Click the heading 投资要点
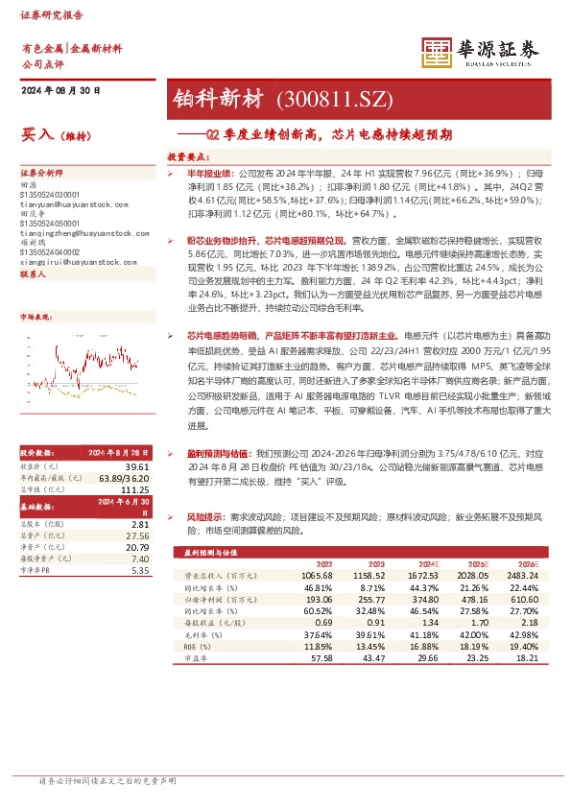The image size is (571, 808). (188, 154)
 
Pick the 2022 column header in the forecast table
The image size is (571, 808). (324, 563)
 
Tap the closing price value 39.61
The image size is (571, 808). (137, 465)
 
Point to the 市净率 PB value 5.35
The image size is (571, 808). (140, 570)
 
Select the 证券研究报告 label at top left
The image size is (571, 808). (52, 16)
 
